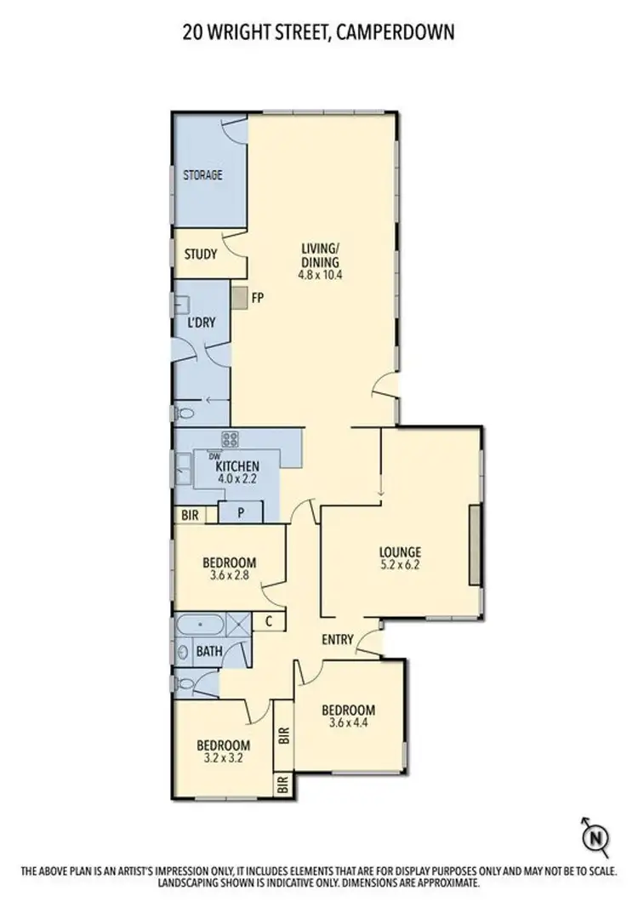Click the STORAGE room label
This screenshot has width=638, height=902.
(x=202, y=175)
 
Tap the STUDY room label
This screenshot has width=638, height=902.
(x=201, y=254)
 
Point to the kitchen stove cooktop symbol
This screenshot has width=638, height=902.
(x=230, y=440)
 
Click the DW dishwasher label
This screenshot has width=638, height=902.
(x=202, y=456)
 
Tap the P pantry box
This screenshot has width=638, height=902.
(x=241, y=513)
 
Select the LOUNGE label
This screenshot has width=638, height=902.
(x=401, y=551)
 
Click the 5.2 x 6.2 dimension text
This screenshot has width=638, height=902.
(x=401, y=564)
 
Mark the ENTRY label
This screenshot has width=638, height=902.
(x=338, y=639)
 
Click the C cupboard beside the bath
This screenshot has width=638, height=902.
(x=268, y=621)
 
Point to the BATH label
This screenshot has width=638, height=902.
(x=209, y=652)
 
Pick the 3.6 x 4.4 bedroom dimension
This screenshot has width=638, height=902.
(x=349, y=724)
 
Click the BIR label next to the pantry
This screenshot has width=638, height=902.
(x=190, y=515)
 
